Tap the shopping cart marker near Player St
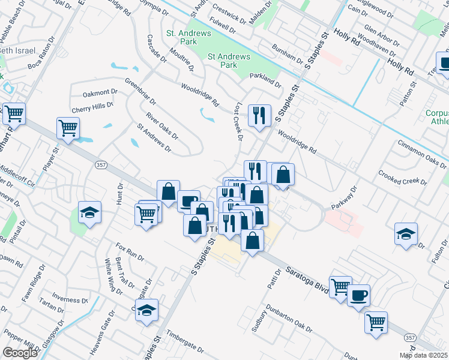[x=68, y=127]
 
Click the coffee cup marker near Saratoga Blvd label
[x=358, y=295]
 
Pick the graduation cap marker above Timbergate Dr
[x=146, y=310]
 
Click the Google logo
[x=20, y=353]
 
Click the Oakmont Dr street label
[x=100, y=92]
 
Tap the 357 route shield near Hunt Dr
[x=100, y=164]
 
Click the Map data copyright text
[x=424, y=355]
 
